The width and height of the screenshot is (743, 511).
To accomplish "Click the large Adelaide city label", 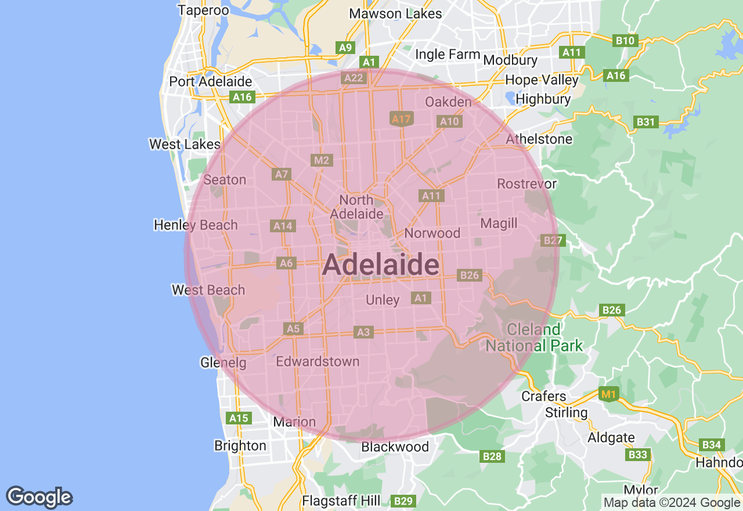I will (x=380, y=265).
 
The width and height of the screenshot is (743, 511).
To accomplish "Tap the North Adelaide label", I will (x=356, y=207).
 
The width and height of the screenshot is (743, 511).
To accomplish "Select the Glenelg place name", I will (x=223, y=363).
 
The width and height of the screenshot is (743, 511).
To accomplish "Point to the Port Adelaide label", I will (x=210, y=82).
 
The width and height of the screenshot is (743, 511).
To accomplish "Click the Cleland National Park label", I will (x=534, y=337).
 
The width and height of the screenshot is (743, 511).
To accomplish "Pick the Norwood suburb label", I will (x=432, y=233).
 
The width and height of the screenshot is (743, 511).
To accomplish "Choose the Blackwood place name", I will (x=395, y=447).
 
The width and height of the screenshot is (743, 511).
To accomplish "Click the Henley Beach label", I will (x=196, y=225).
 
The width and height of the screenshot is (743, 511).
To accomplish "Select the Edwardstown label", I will (x=318, y=361).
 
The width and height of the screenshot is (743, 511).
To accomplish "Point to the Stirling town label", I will (x=567, y=412).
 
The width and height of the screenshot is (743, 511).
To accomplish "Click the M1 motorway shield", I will (x=608, y=395).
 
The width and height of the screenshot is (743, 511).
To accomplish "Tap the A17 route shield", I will (x=401, y=119).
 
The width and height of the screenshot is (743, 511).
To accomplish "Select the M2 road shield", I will (x=321, y=160).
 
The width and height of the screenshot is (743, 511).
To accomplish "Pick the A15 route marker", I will (x=239, y=418).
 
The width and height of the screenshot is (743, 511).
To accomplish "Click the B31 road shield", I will (x=645, y=121).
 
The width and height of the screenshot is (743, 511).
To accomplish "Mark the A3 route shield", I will (x=363, y=332).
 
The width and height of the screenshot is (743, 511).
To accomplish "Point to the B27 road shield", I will (x=552, y=240).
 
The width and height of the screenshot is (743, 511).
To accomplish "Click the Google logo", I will (x=39, y=497).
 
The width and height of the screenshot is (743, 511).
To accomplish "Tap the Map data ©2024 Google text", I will (x=672, y=503).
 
